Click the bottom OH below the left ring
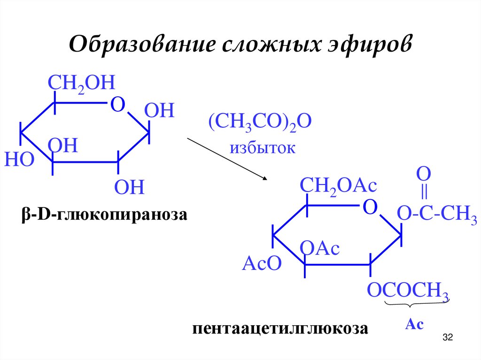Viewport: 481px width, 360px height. tap(129, 187)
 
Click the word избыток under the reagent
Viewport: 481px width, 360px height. tap(263, 148)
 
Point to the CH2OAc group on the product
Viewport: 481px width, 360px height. tap(339, 186)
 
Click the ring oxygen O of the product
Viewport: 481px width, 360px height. tap(371, 207)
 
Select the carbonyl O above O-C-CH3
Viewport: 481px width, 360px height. tap(423, 174)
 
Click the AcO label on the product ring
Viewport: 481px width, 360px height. tap(261, 264)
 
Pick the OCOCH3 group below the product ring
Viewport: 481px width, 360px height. tap(407, 290)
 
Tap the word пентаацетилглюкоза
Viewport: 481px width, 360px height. tap(280, 328)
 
